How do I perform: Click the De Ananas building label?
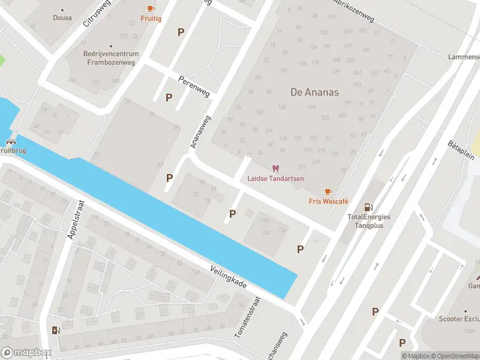click(314, 92)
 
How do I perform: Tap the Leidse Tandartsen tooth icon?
click(275, 169)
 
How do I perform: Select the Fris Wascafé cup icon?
click(328, 191)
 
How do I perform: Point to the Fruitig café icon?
click(151, 8)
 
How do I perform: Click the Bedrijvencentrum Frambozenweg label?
click(111, 58)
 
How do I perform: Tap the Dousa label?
click(62, 18)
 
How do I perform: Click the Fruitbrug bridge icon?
click(11, 142)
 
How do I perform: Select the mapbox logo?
click(26, 353)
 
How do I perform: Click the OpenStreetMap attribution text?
click(454, 356)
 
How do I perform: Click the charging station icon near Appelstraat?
click(56, 329)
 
